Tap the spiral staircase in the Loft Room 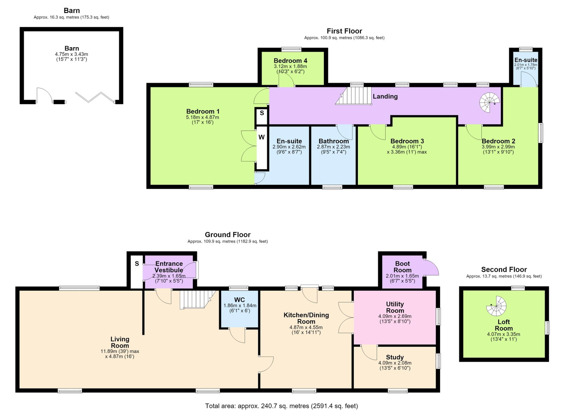coord(496,306)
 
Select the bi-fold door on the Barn coord(95,97)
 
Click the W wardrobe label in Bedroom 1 coord(261,137)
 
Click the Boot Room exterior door coord(431,267)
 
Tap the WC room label coord(239,300)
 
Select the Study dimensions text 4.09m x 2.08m coord(394,363)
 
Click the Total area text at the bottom coord(281,406)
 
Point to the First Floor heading coord(344,31)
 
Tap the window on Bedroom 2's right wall coord(540,133)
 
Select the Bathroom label coord(334,141)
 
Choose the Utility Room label coord(395,307)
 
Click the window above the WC coord(239,288)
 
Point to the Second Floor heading coord(504,269)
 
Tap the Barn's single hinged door coord(45,95)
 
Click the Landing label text coord(385,97)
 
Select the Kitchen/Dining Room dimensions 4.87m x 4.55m coord(306,327)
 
